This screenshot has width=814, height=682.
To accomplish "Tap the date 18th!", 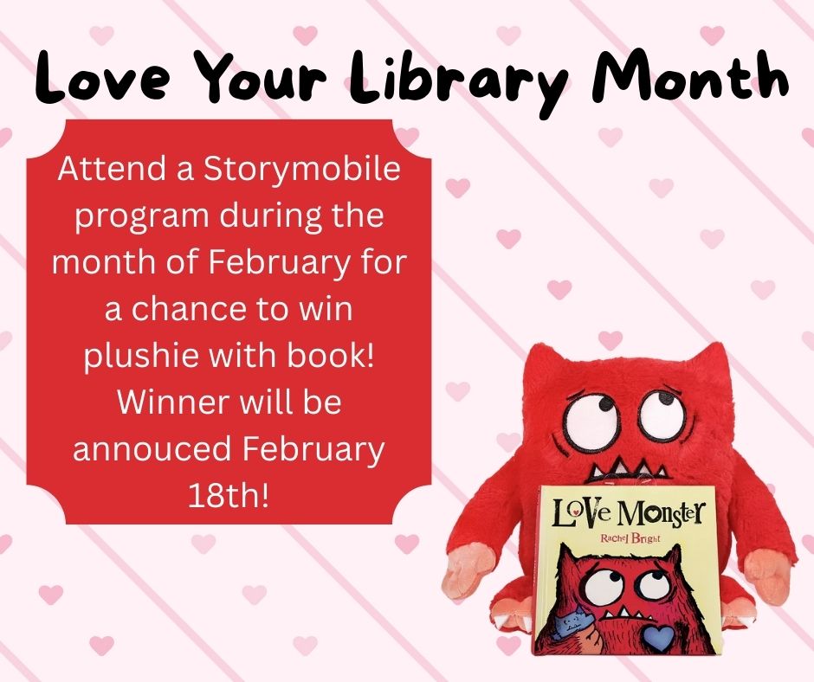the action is click(x=229, y=496).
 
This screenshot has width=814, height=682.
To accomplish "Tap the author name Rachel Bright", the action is click(x=630, y=538).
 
